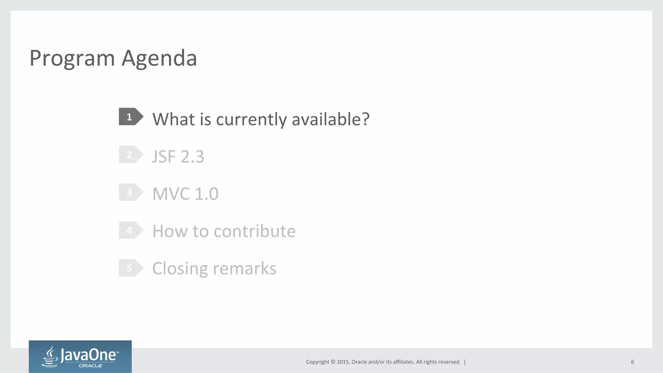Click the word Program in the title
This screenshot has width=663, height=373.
tap(72, 59)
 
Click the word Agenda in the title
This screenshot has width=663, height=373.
tap(159, 59)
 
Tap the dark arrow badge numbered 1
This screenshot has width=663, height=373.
tap(130, 117)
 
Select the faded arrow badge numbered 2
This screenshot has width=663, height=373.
tap(130, 155)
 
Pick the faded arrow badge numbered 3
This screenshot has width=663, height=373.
tap(130, 192)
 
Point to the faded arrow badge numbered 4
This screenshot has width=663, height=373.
tap(130, 230)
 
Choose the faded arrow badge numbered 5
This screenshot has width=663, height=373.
tap(130, 268)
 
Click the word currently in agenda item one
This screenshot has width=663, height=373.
tap(251, 120)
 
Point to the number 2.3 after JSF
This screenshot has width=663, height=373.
tap(192, 157)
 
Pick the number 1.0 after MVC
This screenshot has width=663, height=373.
tap(207, 194)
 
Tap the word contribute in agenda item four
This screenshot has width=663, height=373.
tap(254, 231)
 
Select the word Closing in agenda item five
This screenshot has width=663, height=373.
tap(180, 269)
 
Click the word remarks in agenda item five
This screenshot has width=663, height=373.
tap(245, 269)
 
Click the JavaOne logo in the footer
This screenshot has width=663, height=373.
tap(80, 357)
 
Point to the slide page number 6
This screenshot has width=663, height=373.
tap(632, 362)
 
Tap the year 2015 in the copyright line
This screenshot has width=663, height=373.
tap(343, 362)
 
